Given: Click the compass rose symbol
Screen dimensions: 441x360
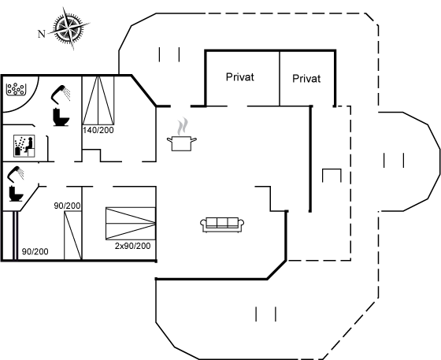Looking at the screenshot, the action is pyautogui.click(x=69, y=28).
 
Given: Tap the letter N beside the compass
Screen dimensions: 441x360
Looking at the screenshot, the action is pyautogui.click(x=42, y=34).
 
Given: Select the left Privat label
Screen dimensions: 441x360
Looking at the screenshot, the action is pyautogui.click(x=240, y=77).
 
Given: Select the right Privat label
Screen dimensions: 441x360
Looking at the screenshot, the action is pyautogui.click(x=306, y=79).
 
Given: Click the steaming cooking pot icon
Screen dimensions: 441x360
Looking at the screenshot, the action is pyautogui.click(x=182, y=135).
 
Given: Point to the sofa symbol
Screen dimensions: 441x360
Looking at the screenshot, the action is pyautogui.click(x=222, y=225).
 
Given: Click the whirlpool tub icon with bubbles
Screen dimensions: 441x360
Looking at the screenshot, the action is pyautogui.click(x=16, y=89).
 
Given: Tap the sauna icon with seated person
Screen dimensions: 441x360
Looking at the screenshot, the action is pyautogui.click(x=24, y=146).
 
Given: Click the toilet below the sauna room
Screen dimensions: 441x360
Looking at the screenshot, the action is pyautogui.click(x=16, y=193).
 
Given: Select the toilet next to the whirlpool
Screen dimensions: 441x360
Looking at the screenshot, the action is pyautogui.click(x=61, y=117).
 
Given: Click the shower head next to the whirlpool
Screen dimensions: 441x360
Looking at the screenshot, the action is pyautogui.click(x=61, y=94).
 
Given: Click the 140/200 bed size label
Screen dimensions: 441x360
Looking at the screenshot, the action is pyautogui.click(x=98, y=130).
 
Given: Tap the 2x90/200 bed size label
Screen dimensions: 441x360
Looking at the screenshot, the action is pyautogui.click(x=132, y=246).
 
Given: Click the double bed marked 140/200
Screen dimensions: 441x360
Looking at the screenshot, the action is pyautogui.click(x=98, y=100).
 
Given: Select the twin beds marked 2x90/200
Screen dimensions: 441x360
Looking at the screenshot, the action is pyautogui.click(x=131, y=224).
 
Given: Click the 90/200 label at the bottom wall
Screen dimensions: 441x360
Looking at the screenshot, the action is pyautogui.click(x=35, y=251).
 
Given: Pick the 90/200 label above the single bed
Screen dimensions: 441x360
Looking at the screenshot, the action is pyautogui.click(x=67, y=206).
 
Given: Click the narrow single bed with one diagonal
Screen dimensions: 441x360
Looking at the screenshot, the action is pyautogui.click(x=73, y=236).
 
